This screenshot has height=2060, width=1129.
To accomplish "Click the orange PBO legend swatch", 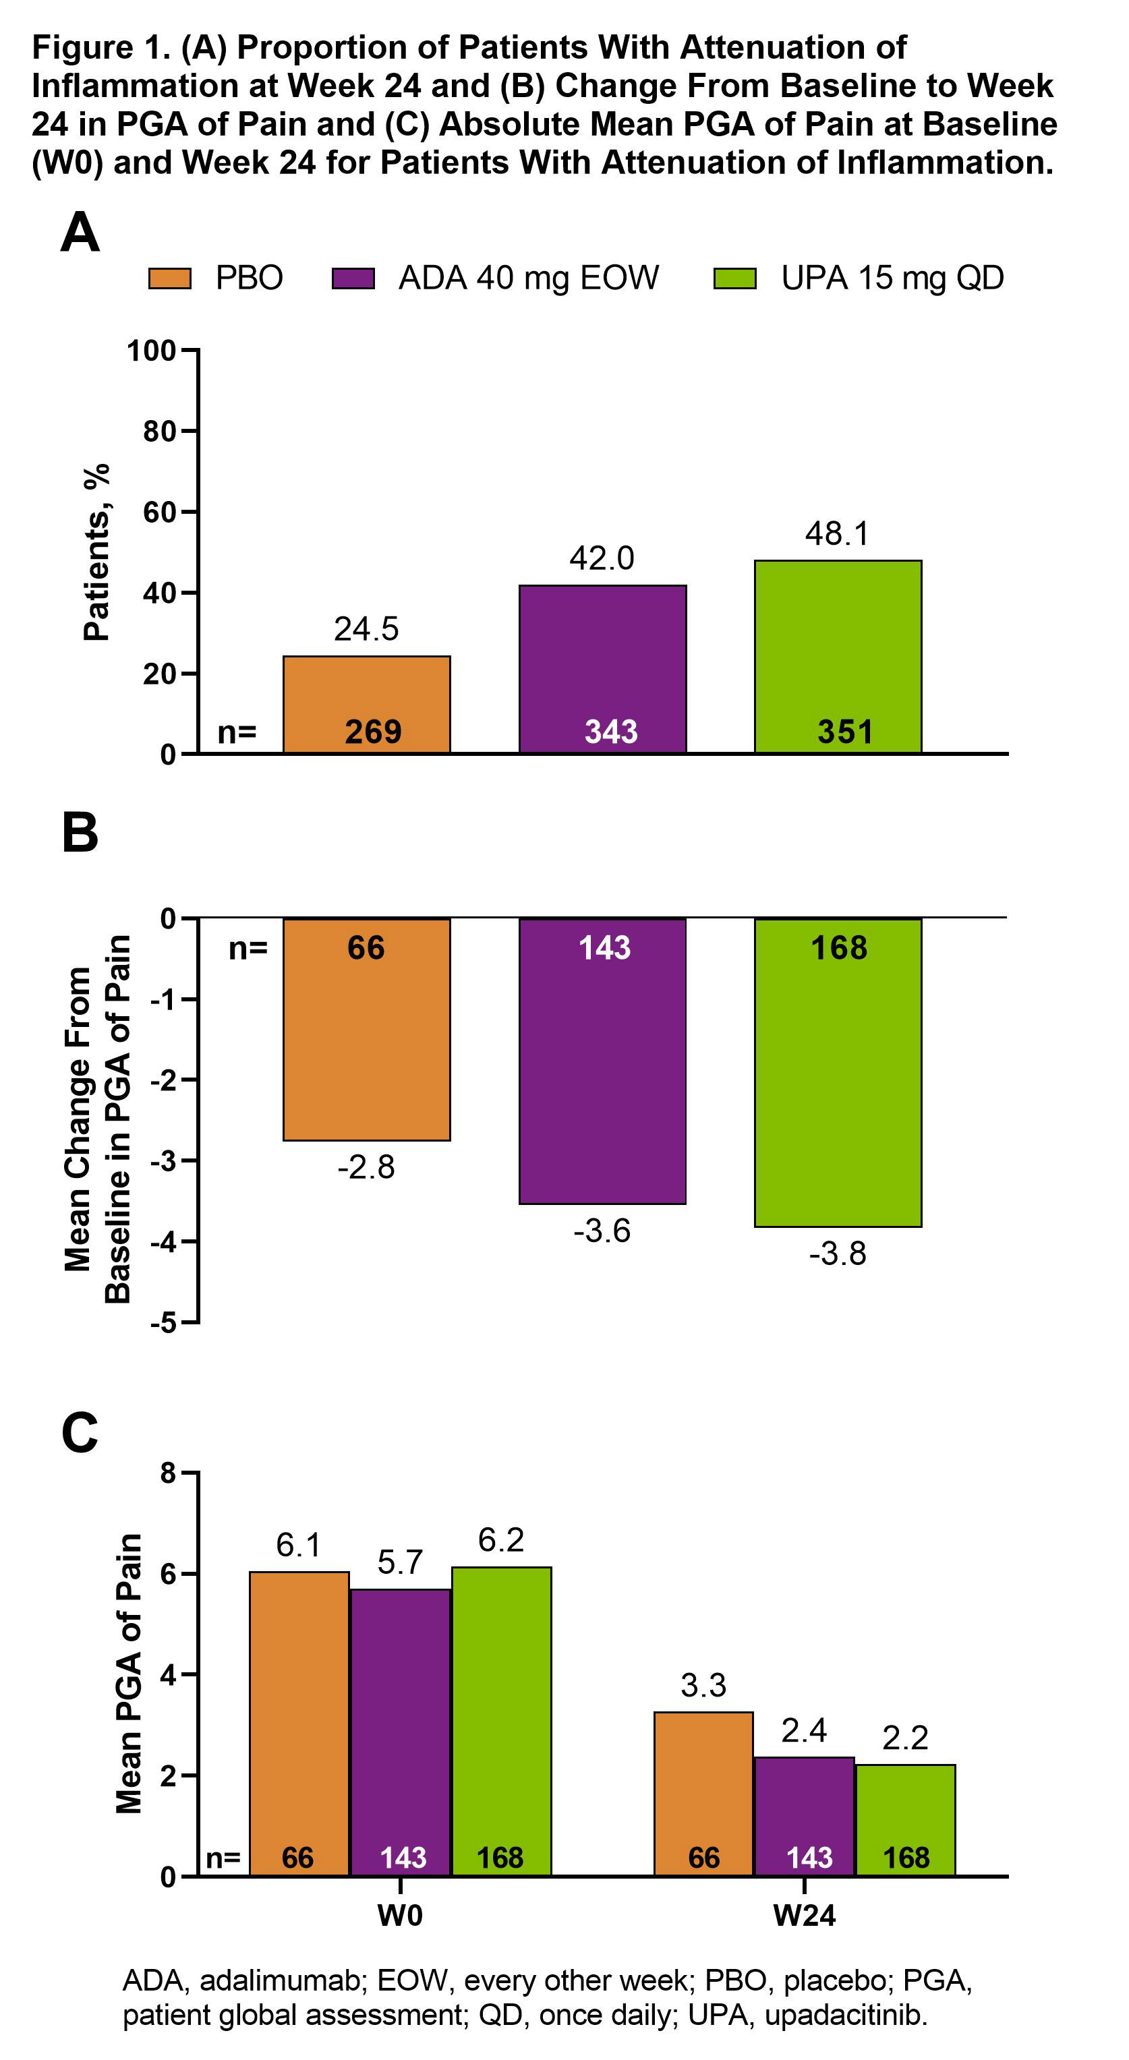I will click(169, 278).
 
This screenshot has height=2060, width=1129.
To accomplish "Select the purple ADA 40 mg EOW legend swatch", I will click(353, 278).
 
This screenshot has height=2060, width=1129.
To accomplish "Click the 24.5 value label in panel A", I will click(366, 629).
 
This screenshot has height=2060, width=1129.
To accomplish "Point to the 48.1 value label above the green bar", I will click(837, 533).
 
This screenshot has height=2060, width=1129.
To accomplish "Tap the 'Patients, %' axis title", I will click(96, 552).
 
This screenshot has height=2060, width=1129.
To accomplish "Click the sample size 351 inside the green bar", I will click(844, 732).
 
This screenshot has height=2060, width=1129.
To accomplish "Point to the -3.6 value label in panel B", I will click(602, 1231).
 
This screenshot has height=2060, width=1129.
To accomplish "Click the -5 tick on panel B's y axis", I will click(164, 1324).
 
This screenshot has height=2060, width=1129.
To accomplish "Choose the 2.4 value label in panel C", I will click(803, 1730).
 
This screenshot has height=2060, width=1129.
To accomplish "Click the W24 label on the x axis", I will click(805, 1916).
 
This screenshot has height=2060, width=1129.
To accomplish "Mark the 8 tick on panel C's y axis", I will click(168, 1473).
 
